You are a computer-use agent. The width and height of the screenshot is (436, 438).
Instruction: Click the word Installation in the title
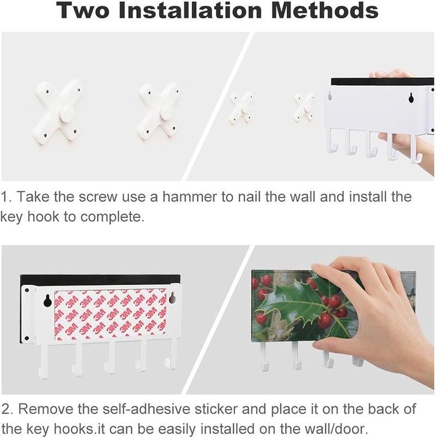point(191,10)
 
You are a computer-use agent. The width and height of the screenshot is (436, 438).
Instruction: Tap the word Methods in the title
point(325,10)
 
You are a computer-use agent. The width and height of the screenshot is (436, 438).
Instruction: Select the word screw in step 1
point(98,197)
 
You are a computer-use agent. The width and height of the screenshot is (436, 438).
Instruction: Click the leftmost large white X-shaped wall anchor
point(57,112)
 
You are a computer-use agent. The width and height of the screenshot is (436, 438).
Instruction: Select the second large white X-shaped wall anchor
point(158,112)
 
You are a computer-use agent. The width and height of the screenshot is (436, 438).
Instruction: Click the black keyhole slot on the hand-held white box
point(411,97)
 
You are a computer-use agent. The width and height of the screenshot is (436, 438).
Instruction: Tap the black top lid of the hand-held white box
point(383,82)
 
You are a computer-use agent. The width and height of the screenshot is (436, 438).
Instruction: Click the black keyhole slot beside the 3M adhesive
point(47,300)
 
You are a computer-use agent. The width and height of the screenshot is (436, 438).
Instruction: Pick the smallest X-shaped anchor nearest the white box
point(304,108)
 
